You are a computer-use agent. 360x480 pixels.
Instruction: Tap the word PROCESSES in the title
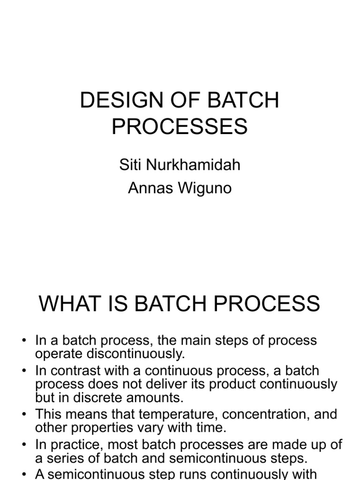(180, 127)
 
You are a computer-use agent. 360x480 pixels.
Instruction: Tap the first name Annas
(150, 189)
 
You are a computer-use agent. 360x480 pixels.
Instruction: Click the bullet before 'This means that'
(24, 415)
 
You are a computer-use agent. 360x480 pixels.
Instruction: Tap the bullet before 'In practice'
(24, 445)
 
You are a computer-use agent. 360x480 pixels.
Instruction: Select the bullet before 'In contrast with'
(24, 371)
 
